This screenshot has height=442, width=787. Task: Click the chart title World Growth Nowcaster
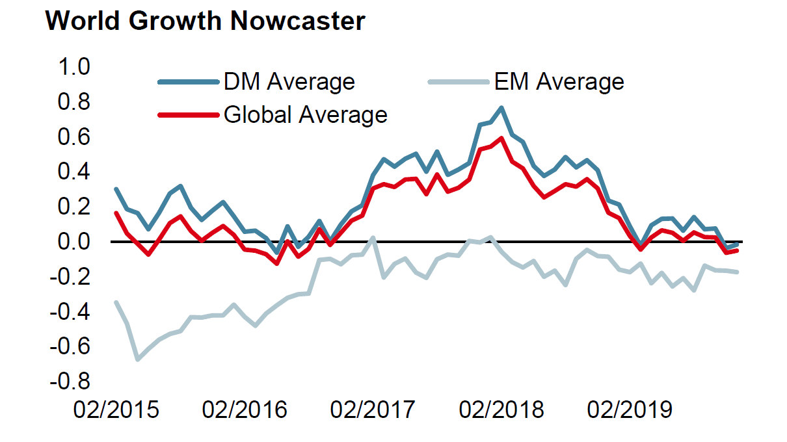point(205,21)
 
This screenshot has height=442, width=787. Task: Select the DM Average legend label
point(289,82)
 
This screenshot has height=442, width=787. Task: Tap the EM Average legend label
point(559,82)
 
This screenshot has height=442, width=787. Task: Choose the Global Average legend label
point(305,115)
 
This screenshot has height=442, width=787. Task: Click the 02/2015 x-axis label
point(116,410)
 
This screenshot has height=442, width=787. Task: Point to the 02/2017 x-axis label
point(373,410)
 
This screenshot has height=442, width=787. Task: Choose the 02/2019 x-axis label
point(630,410)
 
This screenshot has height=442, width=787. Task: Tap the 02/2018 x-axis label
point(501,410)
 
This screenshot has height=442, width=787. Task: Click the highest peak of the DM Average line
point(501,108)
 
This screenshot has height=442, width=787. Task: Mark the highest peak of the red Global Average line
point(501,138)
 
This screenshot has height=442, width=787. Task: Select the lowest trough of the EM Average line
point(137,359)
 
